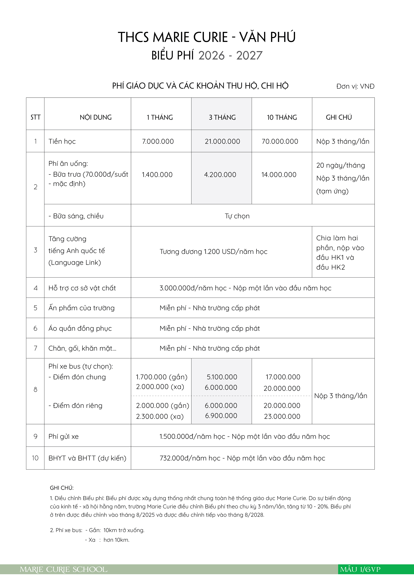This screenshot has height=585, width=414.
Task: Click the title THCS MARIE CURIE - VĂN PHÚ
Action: click(207, 37)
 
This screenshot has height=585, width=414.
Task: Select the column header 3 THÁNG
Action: click(222, 118)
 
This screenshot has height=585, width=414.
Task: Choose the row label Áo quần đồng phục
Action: click(80, 328)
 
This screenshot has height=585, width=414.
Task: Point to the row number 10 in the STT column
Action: click(35, 458)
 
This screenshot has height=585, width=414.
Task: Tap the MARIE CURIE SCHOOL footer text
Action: click(64, 569)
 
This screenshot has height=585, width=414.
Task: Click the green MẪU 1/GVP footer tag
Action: click(360, 569)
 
